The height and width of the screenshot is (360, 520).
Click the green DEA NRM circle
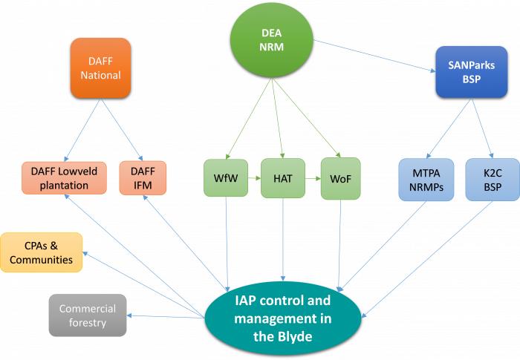pos(272,40)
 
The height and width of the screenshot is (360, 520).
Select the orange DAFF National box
pos(100,68)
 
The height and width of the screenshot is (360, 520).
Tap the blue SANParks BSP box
pos(471,72)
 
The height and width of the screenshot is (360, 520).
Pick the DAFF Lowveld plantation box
pos(64,178)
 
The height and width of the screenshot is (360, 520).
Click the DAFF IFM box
pos(143,178)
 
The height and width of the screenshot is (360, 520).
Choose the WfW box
pos(226,178)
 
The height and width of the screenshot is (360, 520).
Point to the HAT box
pos(283,178)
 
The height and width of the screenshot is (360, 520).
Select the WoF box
pos(340,179)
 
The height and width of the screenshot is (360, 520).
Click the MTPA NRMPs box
pos(426,180)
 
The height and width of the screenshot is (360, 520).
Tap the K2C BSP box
pos(493,180)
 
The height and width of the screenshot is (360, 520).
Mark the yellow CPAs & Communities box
pos(41,252)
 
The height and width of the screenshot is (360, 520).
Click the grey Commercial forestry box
pos(88,315)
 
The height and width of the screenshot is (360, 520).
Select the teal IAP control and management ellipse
pos(283,318)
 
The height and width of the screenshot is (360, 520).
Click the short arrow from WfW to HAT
pos(254,178)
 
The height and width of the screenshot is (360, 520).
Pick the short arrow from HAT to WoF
pos(313,179)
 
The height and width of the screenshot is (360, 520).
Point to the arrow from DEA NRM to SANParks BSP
pos(374,56)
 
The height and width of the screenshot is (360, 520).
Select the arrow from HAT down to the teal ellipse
pos(283,240)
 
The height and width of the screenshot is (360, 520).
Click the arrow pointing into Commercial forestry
pos(166,316)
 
